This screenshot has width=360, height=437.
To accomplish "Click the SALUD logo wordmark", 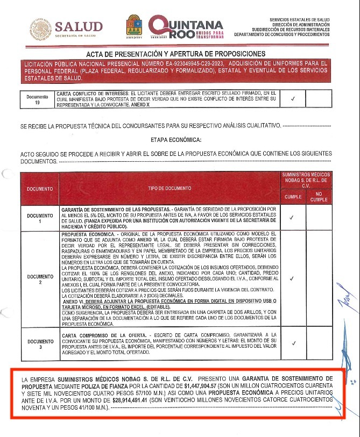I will (x=78, y=27).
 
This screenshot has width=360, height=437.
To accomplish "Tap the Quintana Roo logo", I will (x=185, y=26).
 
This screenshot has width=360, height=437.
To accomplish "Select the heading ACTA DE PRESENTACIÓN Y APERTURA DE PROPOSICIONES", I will (x=175, y=54).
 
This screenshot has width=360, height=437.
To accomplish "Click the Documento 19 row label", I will (x=37, y=99).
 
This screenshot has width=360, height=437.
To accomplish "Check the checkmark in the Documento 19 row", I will (x=292, y=99).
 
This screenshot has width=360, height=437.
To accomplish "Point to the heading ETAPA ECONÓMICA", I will (x=176, y=140).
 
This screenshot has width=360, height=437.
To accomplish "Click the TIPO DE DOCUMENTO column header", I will (x=171, y=189).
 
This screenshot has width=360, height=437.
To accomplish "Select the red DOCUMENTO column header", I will (x=40, y=189).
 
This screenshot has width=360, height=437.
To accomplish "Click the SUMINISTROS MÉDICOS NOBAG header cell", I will (x=306, y=181).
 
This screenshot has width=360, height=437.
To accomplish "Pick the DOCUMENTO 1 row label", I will (x=40, y=218).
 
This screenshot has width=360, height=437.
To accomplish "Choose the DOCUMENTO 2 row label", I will (x=40, y=279).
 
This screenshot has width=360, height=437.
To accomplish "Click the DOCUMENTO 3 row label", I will (x=40, y=344).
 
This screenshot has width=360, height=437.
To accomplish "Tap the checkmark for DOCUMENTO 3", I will (x=293, y=344).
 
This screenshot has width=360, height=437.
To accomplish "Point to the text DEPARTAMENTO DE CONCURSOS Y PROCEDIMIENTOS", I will (x=281, y=34).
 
